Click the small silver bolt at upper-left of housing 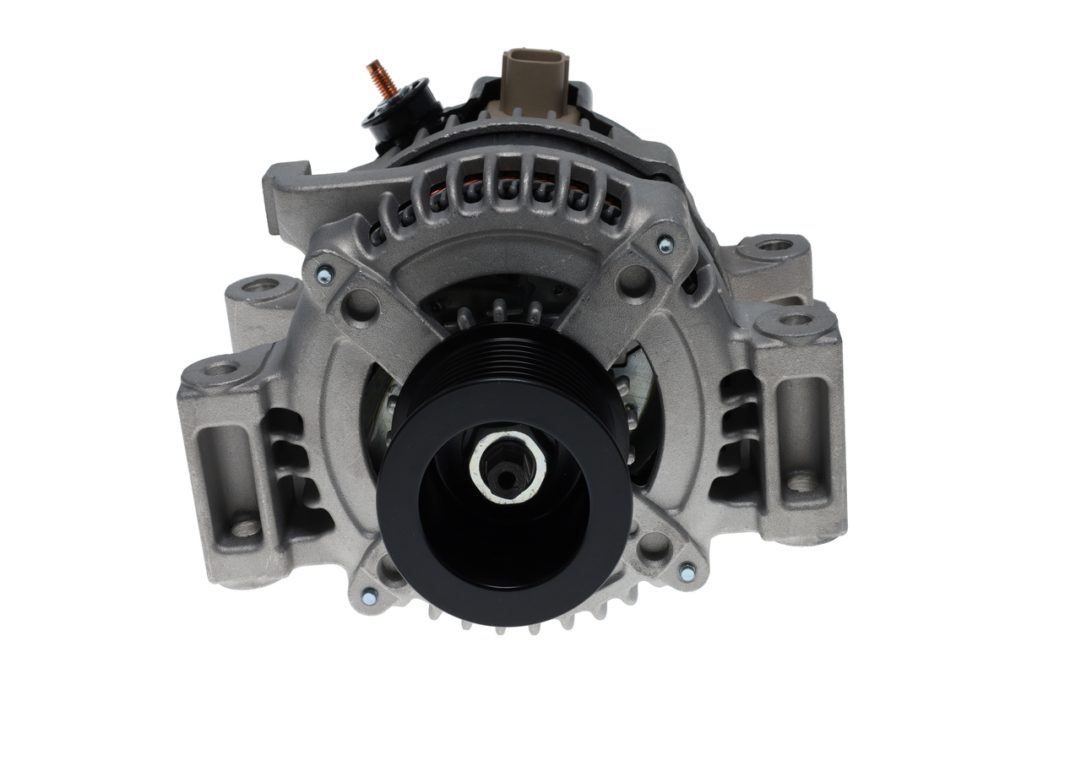pyautogui.click(x=323, y=274)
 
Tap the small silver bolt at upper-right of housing pyautogui.click(x=665, y=245)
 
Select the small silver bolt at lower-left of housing pyautogui.click(x=369, y=595)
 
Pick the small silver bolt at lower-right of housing pyautogui.click(x=687, y=572)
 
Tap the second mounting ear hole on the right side pyautogui.click(x=795, y=320)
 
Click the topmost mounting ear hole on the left pyautogui.click(x=259, y=285)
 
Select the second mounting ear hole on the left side pyautogui.click(x=221, y=368)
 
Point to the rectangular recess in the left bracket pyautogui.click(x=221, y=456)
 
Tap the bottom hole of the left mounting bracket pyautogui.click(x=246, y=528)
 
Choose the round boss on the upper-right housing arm pyautogui.click(x=635, y=281)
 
